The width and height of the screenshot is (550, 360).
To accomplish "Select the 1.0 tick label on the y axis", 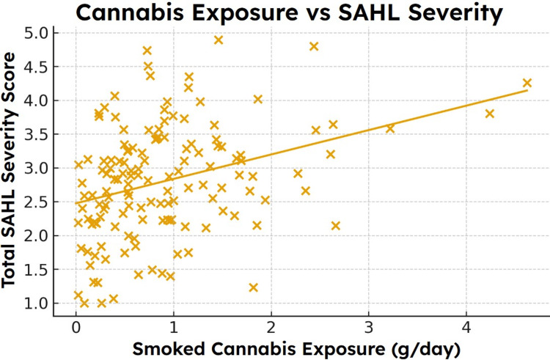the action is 35,304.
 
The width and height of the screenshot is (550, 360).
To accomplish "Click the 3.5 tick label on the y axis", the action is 35,135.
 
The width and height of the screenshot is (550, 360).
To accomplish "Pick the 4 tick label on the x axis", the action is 466,328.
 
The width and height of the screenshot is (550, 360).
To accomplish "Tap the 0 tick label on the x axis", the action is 76,328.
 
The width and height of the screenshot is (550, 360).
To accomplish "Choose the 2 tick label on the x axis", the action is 271,328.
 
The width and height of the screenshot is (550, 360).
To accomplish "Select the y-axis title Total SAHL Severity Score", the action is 8,170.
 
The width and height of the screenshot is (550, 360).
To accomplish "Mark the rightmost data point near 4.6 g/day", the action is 527,83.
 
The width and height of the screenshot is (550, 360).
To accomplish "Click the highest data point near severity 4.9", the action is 219,40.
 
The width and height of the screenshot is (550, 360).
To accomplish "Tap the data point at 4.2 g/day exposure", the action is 490,114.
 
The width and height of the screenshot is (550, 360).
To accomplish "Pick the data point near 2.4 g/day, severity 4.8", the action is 314,46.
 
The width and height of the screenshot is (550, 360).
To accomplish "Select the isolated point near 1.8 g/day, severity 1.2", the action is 253,287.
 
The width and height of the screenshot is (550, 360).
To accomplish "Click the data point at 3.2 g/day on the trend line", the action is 390,128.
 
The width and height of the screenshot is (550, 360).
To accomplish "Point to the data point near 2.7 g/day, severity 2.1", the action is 336,226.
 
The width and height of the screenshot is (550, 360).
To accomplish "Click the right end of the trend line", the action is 527,90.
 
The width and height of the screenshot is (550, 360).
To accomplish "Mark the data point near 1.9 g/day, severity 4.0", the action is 258,99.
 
